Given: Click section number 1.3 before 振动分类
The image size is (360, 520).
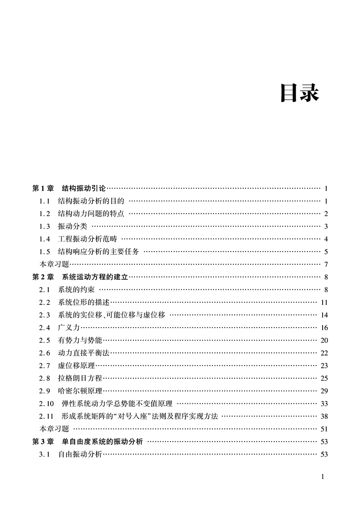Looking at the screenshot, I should pos(44,226).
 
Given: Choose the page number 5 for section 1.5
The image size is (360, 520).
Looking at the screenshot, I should pos(326,252).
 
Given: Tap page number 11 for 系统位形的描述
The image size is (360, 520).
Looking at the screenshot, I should pos(324,302).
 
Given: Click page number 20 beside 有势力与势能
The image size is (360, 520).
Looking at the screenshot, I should pos(324,340).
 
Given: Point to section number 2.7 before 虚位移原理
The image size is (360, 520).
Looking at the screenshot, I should pos(44,366).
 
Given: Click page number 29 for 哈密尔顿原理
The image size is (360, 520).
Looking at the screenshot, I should pos(324,391).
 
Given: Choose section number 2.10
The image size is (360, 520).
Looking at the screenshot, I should pos(46,403).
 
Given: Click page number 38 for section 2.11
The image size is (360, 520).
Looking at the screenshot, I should pos(324,416).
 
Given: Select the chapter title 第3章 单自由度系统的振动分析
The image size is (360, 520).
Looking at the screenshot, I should pos(87,441).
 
